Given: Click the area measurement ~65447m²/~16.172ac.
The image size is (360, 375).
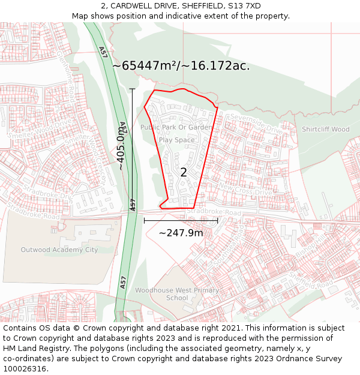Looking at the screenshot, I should (181, 65).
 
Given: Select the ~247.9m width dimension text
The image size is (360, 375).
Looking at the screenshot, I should (181, 233).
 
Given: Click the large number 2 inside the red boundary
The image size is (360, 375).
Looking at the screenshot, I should (184, 172).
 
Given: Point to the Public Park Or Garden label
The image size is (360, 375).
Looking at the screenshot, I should (176, 127).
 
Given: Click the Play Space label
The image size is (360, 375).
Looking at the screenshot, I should (176, 140).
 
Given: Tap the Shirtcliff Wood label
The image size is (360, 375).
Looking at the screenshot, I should (325, 129).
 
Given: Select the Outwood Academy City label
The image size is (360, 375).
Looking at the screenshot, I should (59, 250).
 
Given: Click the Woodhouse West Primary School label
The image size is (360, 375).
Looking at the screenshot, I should (177, 294).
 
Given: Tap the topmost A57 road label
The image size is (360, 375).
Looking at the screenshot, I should (103, 52).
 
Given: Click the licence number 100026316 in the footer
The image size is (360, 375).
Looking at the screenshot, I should (25, 368).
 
